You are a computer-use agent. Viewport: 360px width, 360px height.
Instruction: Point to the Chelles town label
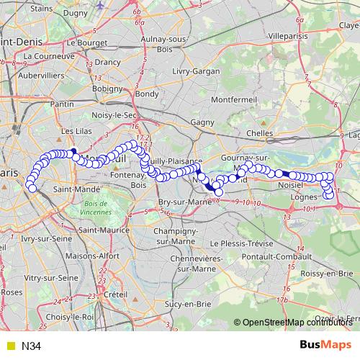click(x=259, y=133)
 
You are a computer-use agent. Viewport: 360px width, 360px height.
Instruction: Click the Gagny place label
click(x=202, y=122)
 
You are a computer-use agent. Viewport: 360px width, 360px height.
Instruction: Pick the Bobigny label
click(x=108, y=89)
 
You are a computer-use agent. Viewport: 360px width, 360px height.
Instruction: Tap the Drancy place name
click(x=108, y=63)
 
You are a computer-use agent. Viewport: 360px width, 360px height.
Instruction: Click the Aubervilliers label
click(x=42, y=75)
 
